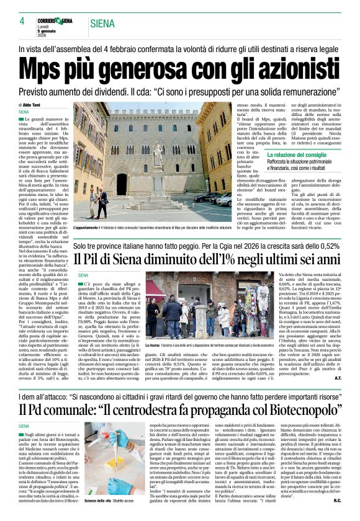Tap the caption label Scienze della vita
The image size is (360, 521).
pos(99,499)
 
